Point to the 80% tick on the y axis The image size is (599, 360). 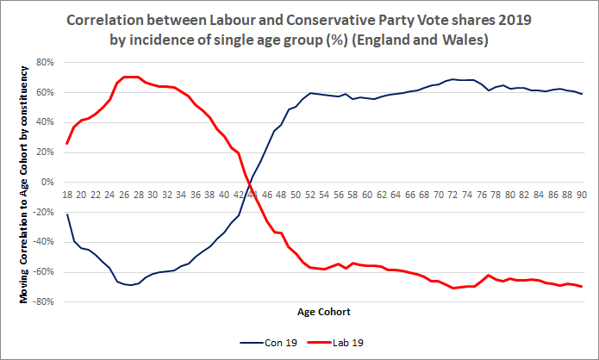(x=45, y=63)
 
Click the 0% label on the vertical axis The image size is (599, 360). (x=48, y=183)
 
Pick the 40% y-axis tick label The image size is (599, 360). (x=45, y=122)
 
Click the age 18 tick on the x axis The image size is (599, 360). (x=66, y=196)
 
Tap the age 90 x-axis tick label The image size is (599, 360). (x=582, y=196)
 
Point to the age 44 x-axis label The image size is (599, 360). (x=253, y=196)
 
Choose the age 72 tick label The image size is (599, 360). (x=452, y=196)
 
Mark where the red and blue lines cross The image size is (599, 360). (x=250, y=182)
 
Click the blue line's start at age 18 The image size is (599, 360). (x=66, y=214)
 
